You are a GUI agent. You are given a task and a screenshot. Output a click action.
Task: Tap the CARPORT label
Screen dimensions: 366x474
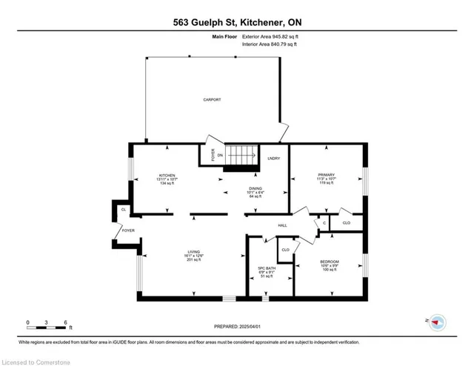pos(213,99)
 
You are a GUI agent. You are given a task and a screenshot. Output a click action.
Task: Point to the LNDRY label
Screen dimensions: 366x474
pos(273,158)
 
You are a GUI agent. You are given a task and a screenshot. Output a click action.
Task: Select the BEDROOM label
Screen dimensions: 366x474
pos(329,262)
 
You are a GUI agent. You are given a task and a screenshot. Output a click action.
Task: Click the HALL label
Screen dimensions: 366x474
pos(281,227)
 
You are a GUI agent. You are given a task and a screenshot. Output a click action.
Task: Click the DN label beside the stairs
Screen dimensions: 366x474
pos(220,155)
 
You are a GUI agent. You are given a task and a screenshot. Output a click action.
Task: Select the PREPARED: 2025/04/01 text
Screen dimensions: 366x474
pos(237,326)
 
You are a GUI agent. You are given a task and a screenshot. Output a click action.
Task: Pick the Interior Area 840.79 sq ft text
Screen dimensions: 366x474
pos(270,44)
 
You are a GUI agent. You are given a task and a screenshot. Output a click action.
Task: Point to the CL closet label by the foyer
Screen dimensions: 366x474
pos(123,210)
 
